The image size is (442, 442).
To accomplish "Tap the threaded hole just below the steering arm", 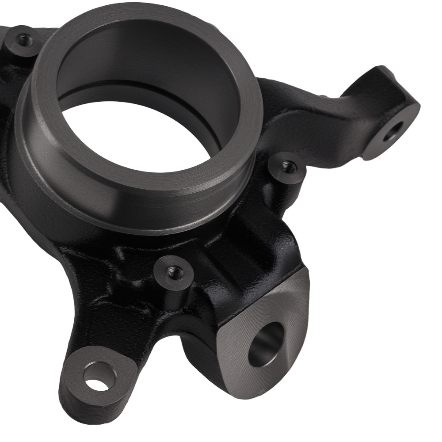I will click(x=289, y=167).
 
